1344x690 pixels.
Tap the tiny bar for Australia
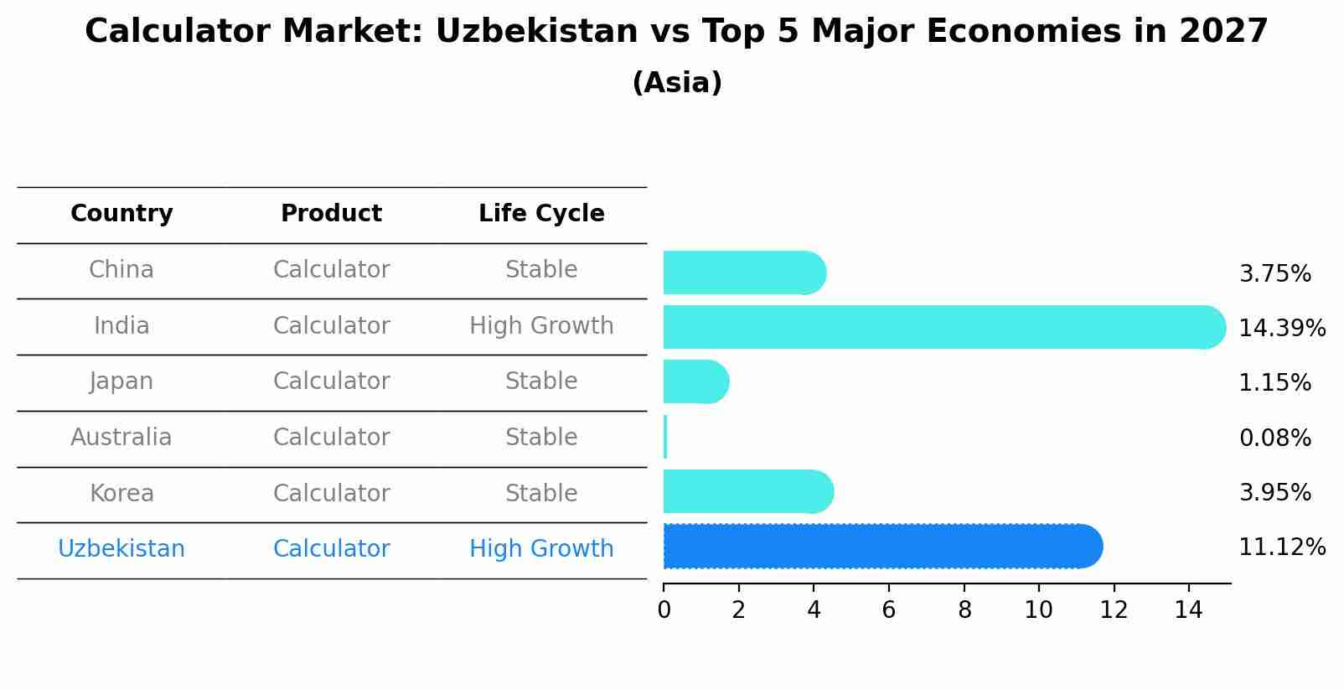click(665, 437)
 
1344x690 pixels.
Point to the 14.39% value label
click(1281, 328)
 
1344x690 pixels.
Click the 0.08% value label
click(1274, 438)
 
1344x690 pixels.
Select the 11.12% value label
click(1281, 547)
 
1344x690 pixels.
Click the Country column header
click(121, 214)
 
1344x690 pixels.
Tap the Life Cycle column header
click(541, 214)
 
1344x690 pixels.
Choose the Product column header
click(331, 214)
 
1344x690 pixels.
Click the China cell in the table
click(121, 270)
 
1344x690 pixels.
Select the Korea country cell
click(121, 493)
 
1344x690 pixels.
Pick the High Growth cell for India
click(541, 325)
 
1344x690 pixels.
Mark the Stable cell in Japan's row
click(541, 381)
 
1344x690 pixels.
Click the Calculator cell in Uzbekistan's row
click(331, 549)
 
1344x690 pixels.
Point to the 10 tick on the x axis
click(1038, 610)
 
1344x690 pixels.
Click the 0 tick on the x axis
click(664, 610)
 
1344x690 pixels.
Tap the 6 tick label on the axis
click(889, 610)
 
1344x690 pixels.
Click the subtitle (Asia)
click(677, 83)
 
